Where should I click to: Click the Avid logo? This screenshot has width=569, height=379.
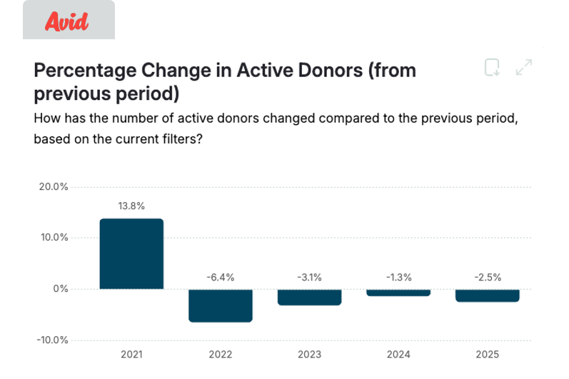tap(66, 21)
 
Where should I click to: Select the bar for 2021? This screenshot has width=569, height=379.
tap(131, 253)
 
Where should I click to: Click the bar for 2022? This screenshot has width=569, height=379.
tap(221, 305)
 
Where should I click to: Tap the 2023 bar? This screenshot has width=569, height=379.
tap(309, 297)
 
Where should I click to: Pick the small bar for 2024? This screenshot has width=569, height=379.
tap(398, 293)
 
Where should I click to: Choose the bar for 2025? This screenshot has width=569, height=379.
tap(488, 295)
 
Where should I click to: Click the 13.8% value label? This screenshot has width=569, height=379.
tap(131, 206)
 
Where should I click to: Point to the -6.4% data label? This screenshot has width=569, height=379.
tap(221, 277)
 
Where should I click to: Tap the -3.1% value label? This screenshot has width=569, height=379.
tap(309, 277)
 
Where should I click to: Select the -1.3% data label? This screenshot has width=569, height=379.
tap(398, 277)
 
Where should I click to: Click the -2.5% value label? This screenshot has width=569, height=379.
tap(488, 277)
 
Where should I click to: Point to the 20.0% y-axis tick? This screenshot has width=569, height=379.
tap(54, 187)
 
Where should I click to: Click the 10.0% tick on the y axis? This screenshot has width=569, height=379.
tap(54, 238)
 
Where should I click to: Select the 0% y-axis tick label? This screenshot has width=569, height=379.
tap(59, 289)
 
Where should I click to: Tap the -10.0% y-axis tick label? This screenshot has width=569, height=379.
tap(52, 340)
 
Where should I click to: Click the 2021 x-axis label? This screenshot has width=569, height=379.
tap(131, 355)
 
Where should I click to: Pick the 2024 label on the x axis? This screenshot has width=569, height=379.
tap(398, 355)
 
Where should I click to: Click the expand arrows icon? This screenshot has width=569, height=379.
tap(524, 68)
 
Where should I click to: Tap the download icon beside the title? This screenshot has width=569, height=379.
tap(492, 68)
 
